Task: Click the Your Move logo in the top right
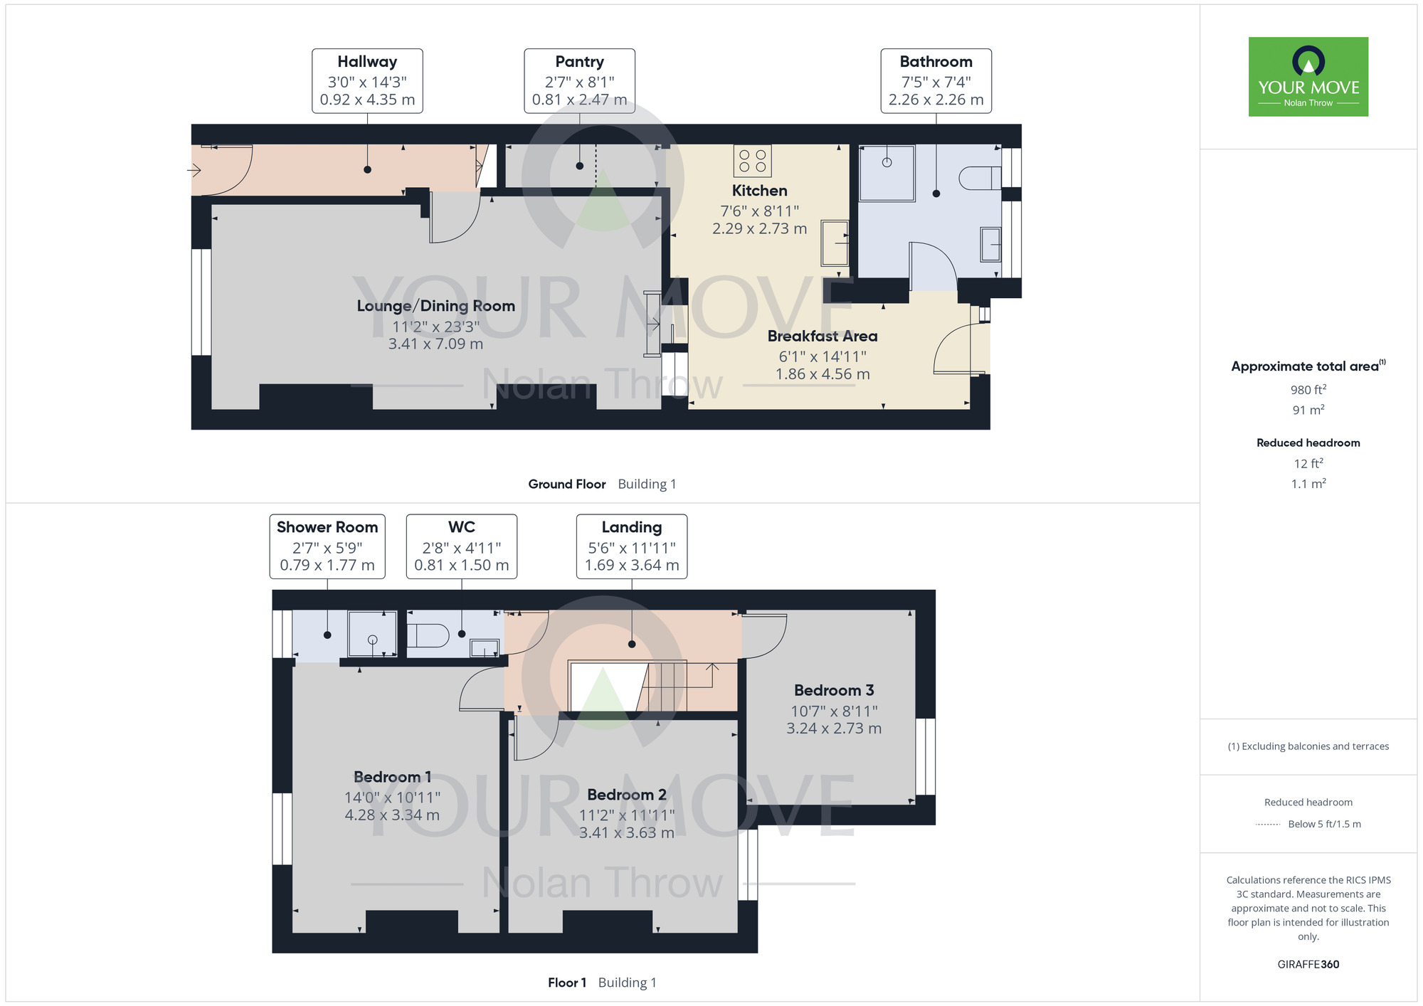click(1308, 77)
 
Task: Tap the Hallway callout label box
click(367, 81)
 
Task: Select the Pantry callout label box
click(579, 81)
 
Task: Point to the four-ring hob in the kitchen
click(752, 161)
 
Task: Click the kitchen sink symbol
click(835, 243)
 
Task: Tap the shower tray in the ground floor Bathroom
click(887, 174)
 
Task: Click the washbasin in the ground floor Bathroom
click(991, 244)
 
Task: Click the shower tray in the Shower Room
click(372, 633)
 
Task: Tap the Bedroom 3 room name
click(834, 690)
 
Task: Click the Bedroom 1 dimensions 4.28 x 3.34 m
click(392, 815)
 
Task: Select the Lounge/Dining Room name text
click(436, 306)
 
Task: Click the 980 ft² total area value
click(1308, 390)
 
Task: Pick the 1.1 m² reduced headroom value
click(1308, 484)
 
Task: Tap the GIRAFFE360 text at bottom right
click(1308, 965)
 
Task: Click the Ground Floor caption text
click(567, 485)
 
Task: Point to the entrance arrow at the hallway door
click(194, 170)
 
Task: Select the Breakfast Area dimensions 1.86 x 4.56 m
click(822, 374)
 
